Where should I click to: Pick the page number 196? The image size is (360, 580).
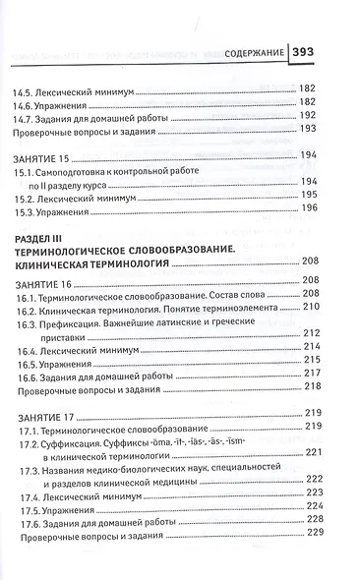click(x=308, y=208)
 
